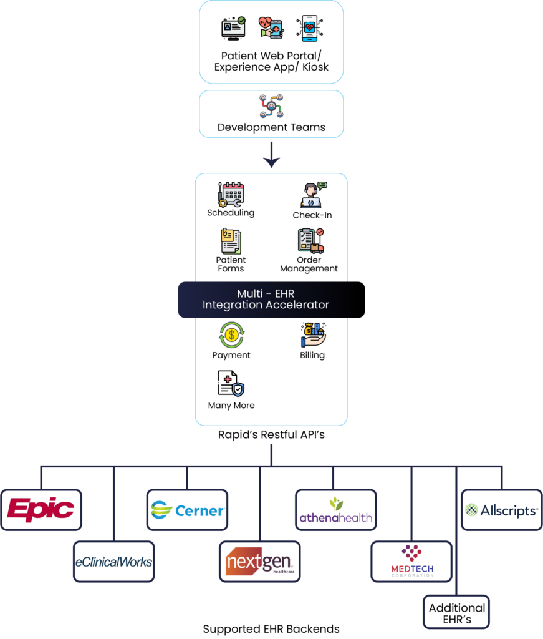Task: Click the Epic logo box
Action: tap(41, 510)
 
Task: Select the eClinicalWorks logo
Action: tap(113, 562)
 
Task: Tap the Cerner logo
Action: tap(187, 510)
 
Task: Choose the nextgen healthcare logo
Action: tap(259, 562)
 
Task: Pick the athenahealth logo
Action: tap(335, 510)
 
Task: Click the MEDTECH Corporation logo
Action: tap(411, 562)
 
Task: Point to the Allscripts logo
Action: tap(501, 510)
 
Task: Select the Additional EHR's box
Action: tap(457, 613)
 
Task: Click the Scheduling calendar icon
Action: tap(231, 194)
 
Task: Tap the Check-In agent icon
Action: tap(313, 195)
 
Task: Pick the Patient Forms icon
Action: tap(231, 241)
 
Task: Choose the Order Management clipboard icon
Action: tap(310, 241)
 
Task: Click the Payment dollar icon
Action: tap(231, 335)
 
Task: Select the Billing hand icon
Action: tap(313, 335)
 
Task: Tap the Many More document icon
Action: tap(231, 383)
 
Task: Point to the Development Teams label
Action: tap(271, 127)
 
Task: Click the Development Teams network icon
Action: tap(271, 106)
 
